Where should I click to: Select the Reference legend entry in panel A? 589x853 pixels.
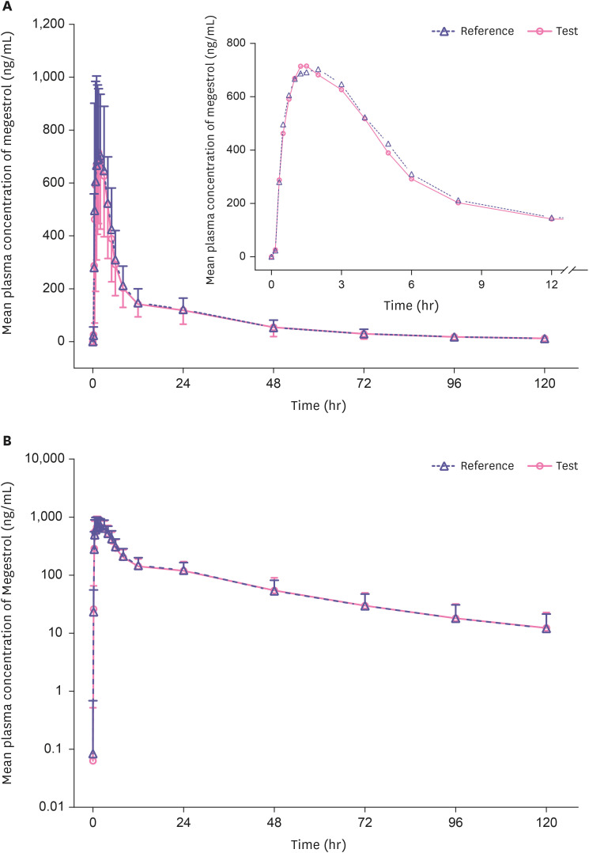[474, 32]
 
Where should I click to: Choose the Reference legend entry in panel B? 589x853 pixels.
[474, 466]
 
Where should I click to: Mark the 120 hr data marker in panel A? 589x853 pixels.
[545, 339]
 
